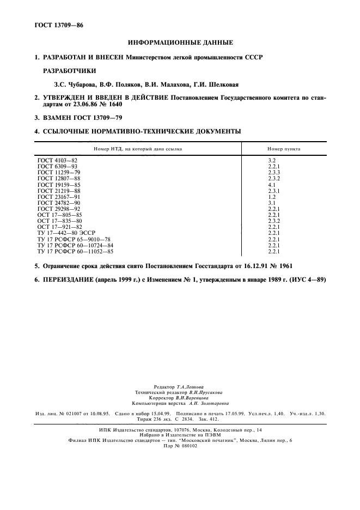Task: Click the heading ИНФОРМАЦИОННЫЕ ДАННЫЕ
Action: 180,42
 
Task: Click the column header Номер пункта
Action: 283,148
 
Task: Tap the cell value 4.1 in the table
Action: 271,185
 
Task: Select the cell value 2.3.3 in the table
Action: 273,173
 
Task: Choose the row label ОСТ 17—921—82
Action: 60,227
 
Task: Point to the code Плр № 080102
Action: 180,446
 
